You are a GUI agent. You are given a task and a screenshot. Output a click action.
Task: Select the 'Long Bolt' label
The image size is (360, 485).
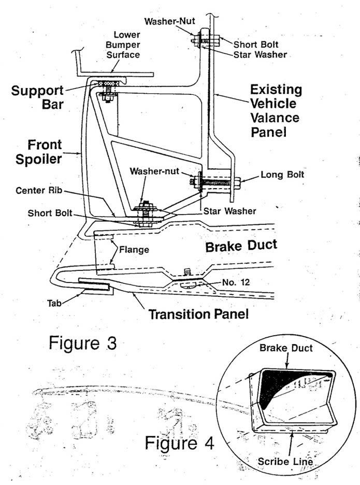(283, 175)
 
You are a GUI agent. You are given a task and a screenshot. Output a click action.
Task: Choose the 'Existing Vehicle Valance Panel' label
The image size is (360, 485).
(275, 110)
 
